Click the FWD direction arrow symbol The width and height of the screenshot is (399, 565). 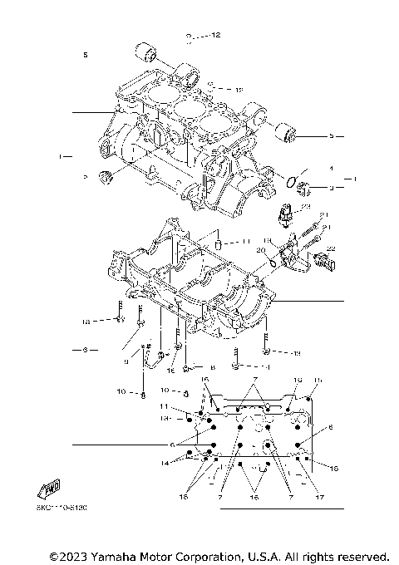[47, 489]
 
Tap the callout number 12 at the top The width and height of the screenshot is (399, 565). [215, 36]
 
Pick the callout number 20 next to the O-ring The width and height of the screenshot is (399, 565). [259, 250]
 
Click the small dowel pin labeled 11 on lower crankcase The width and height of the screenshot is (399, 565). [218, 244]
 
